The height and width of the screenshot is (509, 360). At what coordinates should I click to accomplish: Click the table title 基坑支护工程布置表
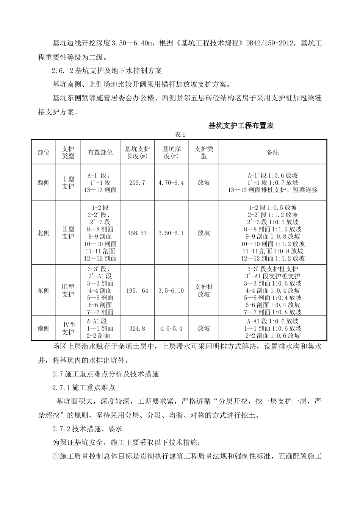coord(241,126)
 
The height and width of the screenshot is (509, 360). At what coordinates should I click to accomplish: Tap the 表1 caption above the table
coord(179,135)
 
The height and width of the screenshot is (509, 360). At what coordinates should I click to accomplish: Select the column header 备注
coord(273,152)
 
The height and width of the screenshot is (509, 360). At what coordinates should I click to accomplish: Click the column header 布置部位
coord(100,152)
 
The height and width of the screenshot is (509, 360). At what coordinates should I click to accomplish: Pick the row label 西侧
coord(44,183)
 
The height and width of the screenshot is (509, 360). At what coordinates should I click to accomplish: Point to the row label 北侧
coord(44,233)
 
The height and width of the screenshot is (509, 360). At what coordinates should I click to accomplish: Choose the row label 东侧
coord(44,290)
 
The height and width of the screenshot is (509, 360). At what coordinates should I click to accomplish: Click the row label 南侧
coord(44,328)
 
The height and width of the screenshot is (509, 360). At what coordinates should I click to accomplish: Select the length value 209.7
coord(137,183)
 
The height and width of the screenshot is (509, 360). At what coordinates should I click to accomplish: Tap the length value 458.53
coord(137,233)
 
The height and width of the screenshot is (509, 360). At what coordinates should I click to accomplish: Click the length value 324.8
coord(137,328)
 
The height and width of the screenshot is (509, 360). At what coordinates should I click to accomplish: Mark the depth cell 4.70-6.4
coord(171,183)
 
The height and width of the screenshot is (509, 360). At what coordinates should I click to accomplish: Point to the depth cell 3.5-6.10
coord(171,290)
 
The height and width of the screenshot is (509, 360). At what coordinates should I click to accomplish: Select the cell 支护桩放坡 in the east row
coord(204,290)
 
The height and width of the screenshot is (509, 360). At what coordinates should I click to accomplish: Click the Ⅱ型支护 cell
coord(68,233)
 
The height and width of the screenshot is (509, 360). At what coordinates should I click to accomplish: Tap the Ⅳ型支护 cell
coord(69,328)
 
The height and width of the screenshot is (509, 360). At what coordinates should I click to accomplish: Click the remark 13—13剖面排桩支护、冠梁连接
coord(273,190)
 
